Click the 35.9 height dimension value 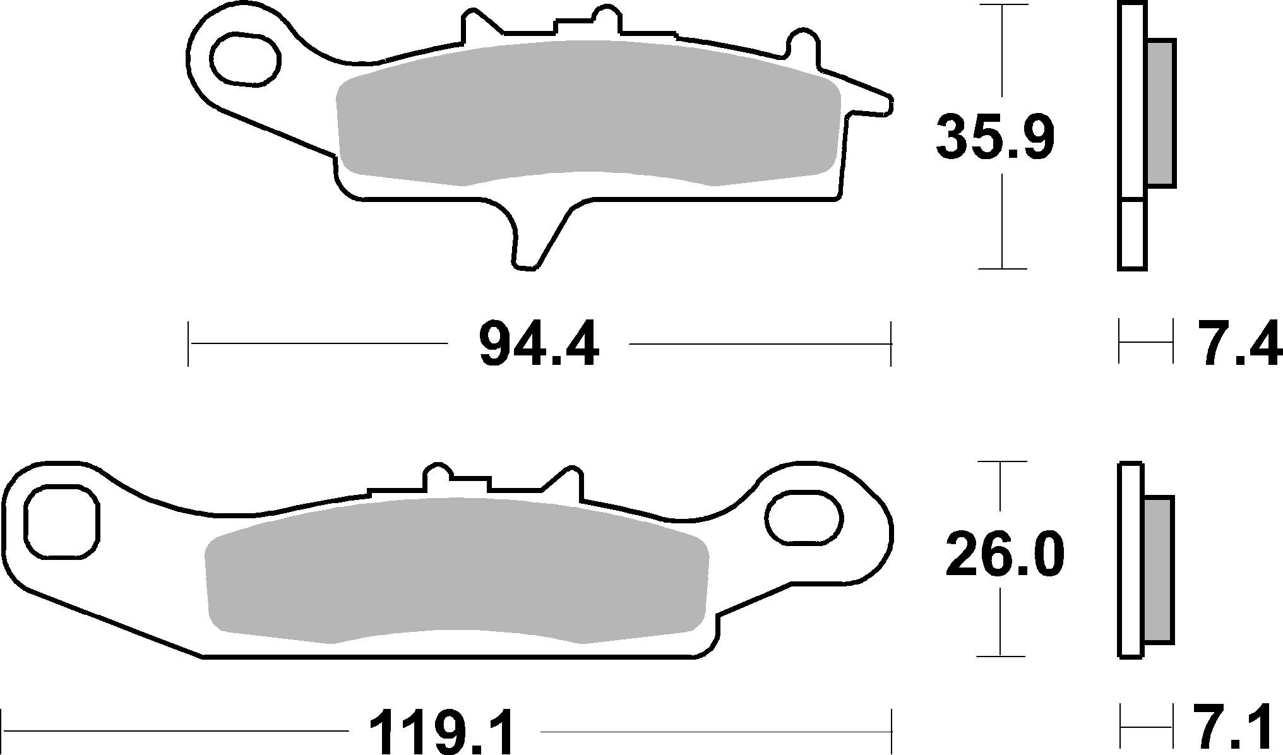pyautogui.click(x=994, y=138)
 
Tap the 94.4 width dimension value pyautogui.click(x=538, y=345)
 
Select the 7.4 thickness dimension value pyautogui.click(x=1238, y=343)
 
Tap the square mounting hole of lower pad pyautogui.click(x=61, y=522)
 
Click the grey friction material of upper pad pyautogui.click(x=587, y=114)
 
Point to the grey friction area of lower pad pyautogui.click(x=455, y=568)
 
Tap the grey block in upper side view pyautogui.click(x=1161, y=114)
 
